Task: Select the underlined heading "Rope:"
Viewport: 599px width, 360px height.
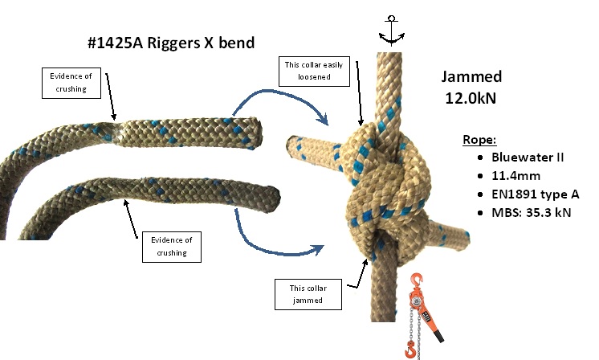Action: click(x=479, y=140)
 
